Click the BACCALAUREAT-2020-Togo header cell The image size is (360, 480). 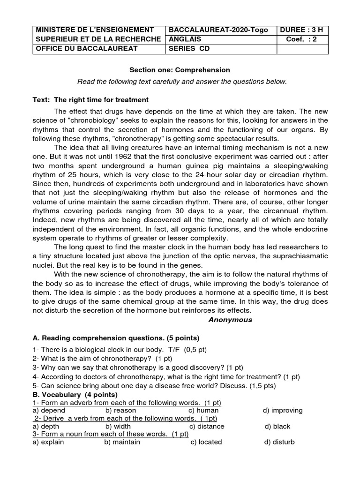tap(218, 30)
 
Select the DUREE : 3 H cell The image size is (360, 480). tap(301, 30)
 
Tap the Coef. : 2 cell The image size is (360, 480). tap(301, 39)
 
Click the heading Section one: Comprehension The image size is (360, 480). tap(180, 70)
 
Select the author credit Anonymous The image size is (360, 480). tap(230, 320)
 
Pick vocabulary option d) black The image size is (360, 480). tap(277, 426)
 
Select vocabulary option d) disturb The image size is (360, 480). tap(279, 442)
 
